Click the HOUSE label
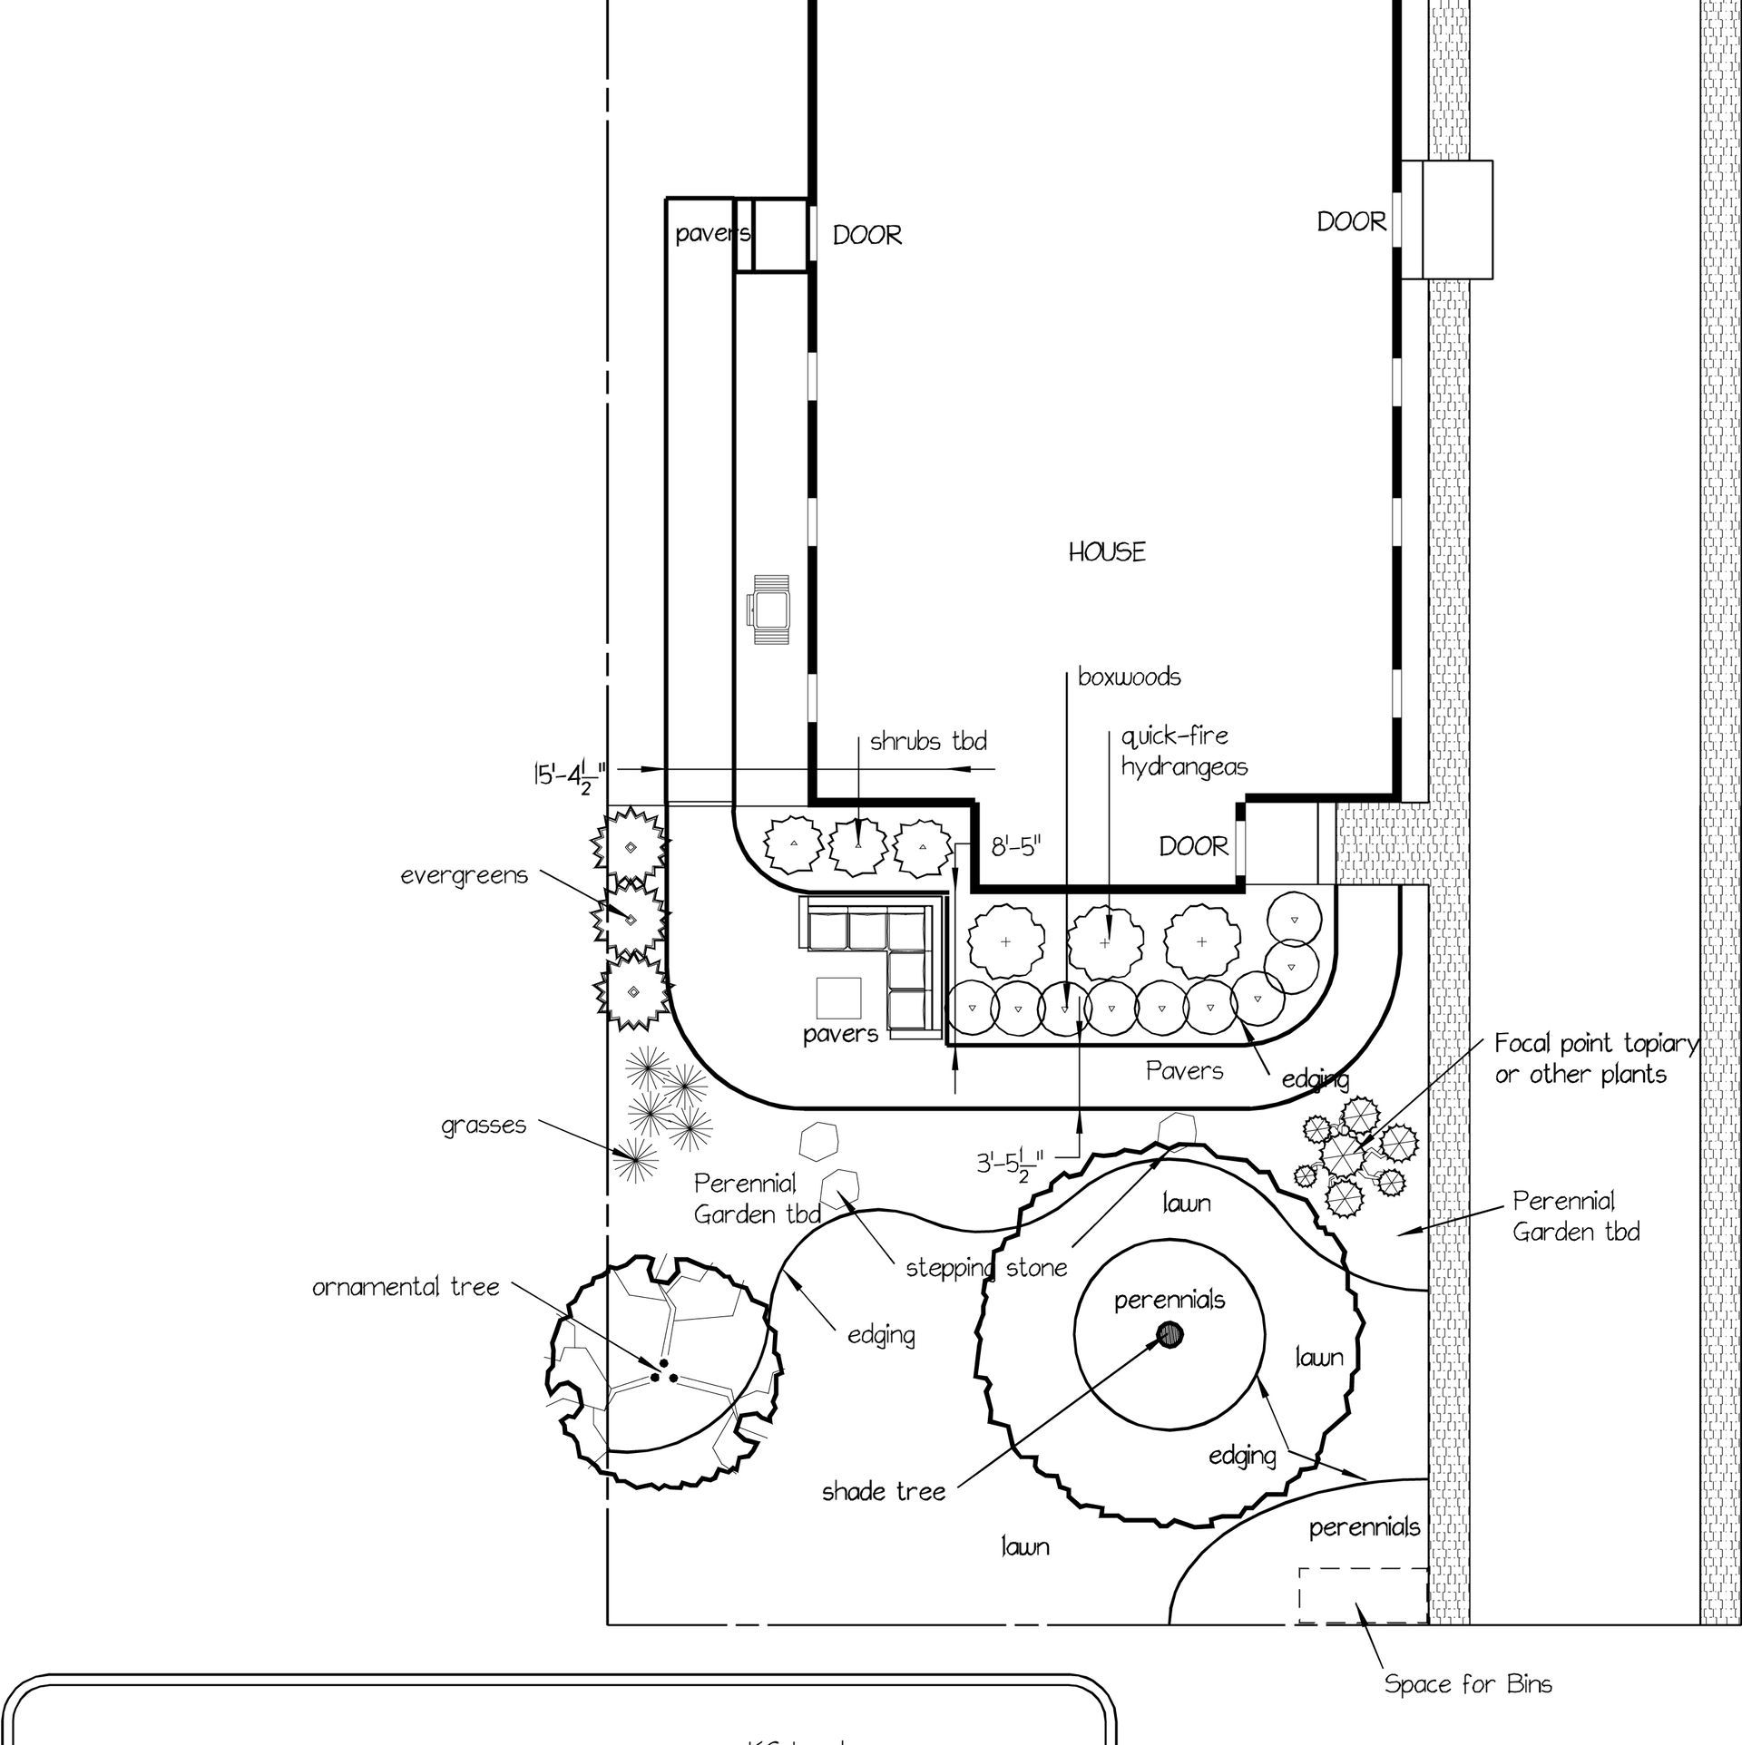pos(1106,552)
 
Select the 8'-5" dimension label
pos(1015,848)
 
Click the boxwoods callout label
pos(1130,678)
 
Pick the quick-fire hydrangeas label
pos(1183,751)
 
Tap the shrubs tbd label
pos(928,742)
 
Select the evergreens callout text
pos(465,877)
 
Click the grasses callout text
pos(484,1126)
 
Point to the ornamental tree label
pos(406,1288)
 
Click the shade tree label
pos(884,1491)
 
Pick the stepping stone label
pos(986,1267)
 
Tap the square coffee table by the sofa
pos(838,998)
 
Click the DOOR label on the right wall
pos(1351,222)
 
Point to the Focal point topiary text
pos(1595,1059)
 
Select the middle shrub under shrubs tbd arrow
pos(858,846)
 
